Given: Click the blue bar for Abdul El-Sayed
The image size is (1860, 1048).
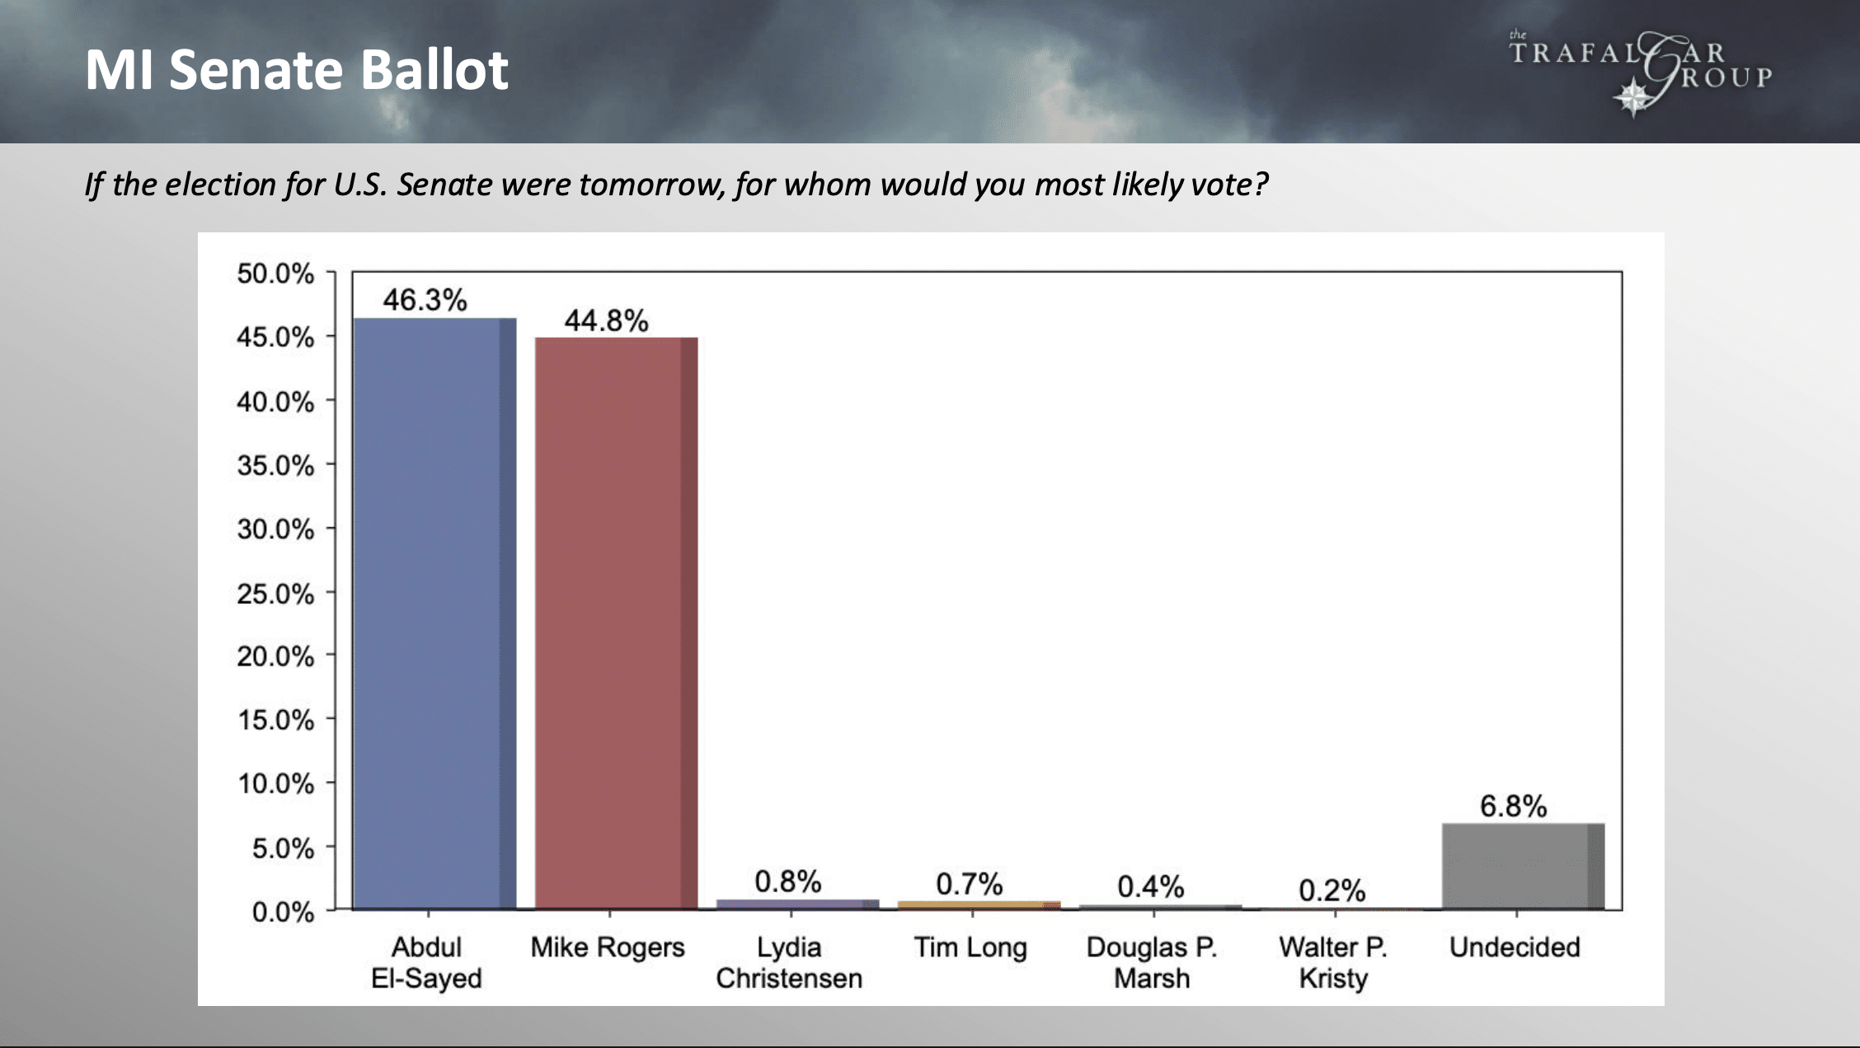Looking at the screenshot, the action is pyautogui.click(x=434, y=614).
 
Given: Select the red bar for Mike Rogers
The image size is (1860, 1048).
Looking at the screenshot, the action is pyautogui.click(x=616, y=624).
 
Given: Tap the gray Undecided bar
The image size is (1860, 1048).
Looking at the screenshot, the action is pyautogui.click(x=1523, y=866).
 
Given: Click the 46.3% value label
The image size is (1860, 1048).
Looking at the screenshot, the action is pyautogui.click(x=425, y=300).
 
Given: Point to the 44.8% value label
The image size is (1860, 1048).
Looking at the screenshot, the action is pyautogui.click(x=606, y=320).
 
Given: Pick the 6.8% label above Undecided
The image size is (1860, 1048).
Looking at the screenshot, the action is pyautogui.click(x=1514, y=806).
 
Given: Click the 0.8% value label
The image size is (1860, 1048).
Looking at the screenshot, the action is pyautogui.click(x=788, y=882).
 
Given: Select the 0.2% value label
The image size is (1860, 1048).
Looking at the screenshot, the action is pyautogui.click(x=1332, y=890).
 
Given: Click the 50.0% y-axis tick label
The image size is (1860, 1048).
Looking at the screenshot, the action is pyautogui.click(x=275, y=274).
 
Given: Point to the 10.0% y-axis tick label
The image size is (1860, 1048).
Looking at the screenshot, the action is pyautogui.click(x=275, y=783).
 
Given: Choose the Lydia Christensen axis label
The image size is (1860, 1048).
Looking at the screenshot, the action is pyautogui.click(x=789, y=962).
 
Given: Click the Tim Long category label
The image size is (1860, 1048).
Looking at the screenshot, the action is pyautogui.click(x=970, y=947).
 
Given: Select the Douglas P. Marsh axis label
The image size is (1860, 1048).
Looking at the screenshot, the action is pyautogui.click(x=1152, y=962).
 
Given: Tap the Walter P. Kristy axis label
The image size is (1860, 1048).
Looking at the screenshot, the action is pyautogui.click(x=1333, y=962).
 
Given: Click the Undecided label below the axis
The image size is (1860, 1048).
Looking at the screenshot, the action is pyautogui.click(x=1515, y=947).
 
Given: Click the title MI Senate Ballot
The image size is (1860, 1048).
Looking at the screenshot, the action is pyautogui.click(x=297, y=69).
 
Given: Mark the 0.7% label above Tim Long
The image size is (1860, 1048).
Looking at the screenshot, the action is pyautogui.click(x=970, y=884).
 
